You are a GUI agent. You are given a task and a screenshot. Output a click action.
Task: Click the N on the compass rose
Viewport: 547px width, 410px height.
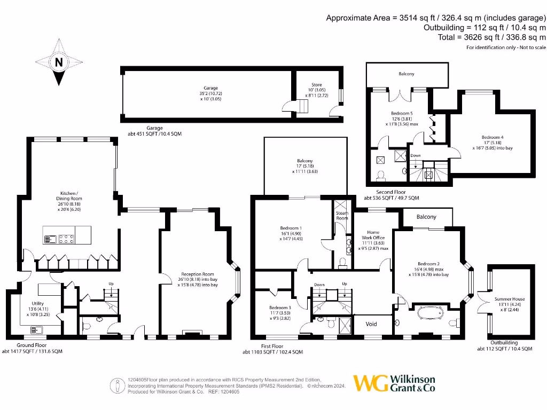click(x=59, y=62)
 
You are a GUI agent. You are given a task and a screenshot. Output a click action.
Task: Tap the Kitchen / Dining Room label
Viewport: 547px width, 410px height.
click(x=69, y=195)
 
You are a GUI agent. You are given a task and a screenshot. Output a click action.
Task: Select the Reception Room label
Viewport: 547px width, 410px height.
click(x=198, y=276)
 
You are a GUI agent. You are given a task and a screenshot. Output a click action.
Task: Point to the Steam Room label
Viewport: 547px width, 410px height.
click(x=341, y=216)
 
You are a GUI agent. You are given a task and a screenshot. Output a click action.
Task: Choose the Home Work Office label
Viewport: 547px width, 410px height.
click(x=373, y=235)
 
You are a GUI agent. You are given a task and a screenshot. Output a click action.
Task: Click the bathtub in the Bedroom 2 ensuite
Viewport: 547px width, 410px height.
click(x=427, y=312)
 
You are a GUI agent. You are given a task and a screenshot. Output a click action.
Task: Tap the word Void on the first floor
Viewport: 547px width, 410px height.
click(x=371, y=324)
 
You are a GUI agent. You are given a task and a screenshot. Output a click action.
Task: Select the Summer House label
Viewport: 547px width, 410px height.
click(x=510, y=299)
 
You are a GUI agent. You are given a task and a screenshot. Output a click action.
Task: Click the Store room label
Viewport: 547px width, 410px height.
click(x=317, y=84)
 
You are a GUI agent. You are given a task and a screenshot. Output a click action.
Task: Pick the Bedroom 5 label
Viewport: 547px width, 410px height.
click(x=401, y=113)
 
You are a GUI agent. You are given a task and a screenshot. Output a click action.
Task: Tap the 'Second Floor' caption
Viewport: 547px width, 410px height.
click(x=391, y=192)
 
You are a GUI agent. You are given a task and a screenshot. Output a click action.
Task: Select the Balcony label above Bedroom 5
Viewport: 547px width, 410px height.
click(x=406, y=74)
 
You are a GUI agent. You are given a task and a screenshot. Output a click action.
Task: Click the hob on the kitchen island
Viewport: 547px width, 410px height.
click(x=66, y=239)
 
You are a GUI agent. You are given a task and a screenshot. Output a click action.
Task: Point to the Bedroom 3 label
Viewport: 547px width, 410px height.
click(x=280, y=308)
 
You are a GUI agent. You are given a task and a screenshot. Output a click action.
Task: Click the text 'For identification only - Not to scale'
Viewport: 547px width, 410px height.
click(x=506, y=48)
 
